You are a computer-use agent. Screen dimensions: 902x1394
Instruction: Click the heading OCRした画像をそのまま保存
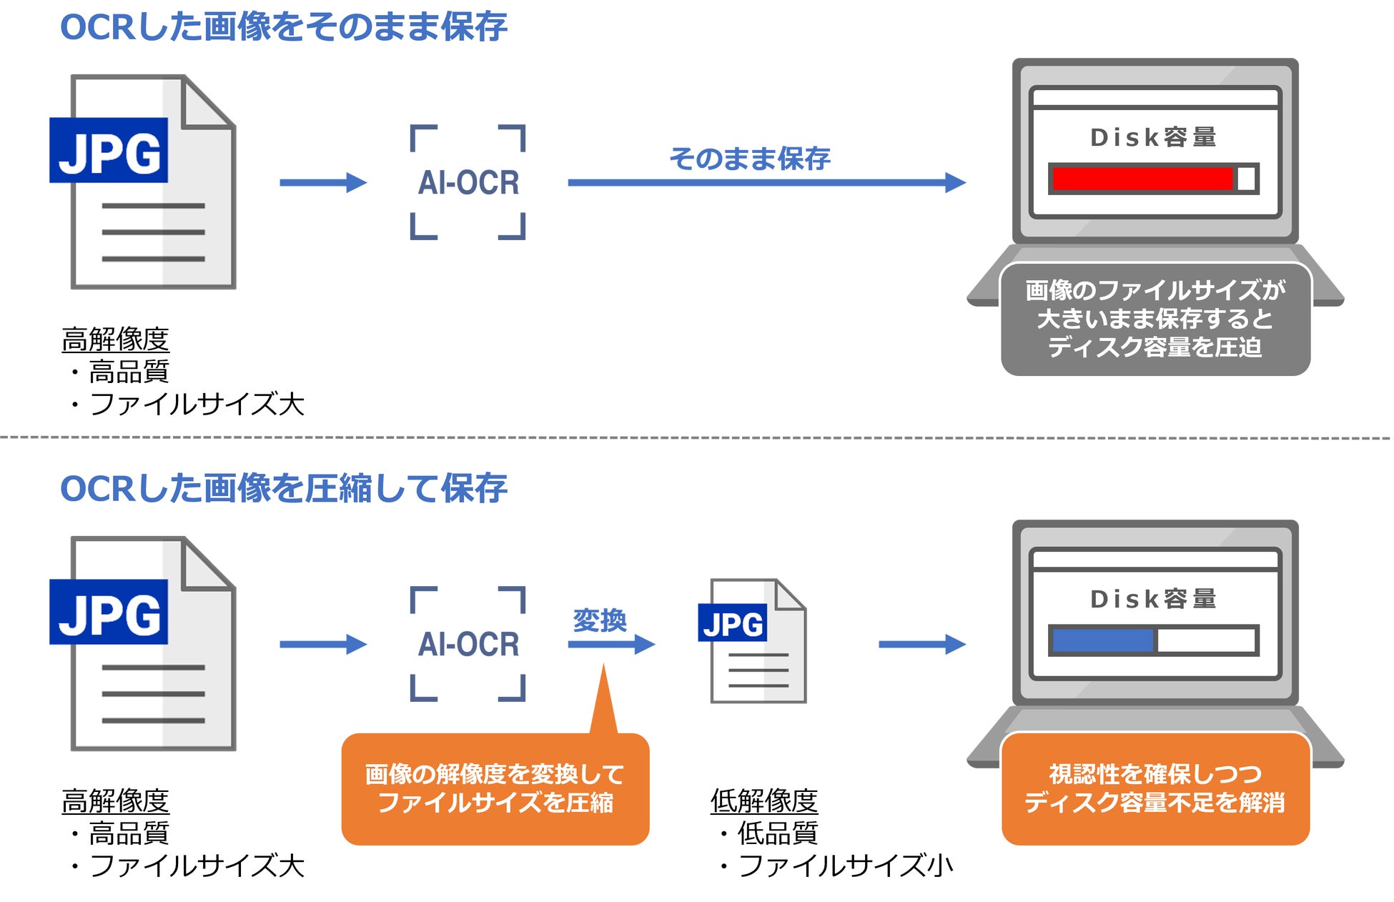pyautogui.click(x=284, y=27)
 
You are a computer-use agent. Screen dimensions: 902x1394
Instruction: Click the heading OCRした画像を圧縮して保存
pyautogui.click(x=284, y=489)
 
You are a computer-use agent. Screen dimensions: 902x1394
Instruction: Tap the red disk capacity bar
pyautogui.click(x=1142, y=179)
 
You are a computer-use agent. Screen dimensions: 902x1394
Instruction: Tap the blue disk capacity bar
pyautogui.click(x=1102, y=640)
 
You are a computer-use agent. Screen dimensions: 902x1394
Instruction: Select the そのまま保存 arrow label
pyautogui.click(x=750, y=158)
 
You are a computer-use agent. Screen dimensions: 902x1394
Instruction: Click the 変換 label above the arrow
pyautogui.click(x=600, y=620)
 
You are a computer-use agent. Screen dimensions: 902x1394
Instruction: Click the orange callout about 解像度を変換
pyautogui.click(x=495, y=788)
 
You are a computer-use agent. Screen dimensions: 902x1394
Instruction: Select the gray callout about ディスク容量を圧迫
pyautogui.click(x=1155, y=319)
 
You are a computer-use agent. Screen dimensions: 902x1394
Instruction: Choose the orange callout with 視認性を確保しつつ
pyautogui.click(x=1155, y=788)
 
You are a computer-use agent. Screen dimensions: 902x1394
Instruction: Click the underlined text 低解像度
pyautogui.click(x=763, y=801)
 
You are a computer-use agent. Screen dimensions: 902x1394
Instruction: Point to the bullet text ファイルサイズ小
pyautogui.click(x=845, y=866)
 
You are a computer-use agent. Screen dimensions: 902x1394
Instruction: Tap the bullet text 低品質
pyautogui.click(x=777, y=833)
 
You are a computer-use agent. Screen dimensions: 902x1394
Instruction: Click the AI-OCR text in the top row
pyautogui.click(x=468, y=183)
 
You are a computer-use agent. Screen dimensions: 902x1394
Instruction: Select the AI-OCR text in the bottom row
pyautogui.click(x=468, y=645)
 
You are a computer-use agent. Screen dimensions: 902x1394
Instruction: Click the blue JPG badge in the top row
pyautogui.click(x=109, y=151)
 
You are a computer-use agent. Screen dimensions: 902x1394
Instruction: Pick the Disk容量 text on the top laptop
pyautogui.click(x=1153, y=137)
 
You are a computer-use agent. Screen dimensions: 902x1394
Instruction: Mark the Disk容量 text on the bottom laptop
pyautogui.click(x=1153, y=599)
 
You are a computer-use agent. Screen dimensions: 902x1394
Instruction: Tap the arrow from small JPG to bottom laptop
pyautogui.click(x=921, y=645)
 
